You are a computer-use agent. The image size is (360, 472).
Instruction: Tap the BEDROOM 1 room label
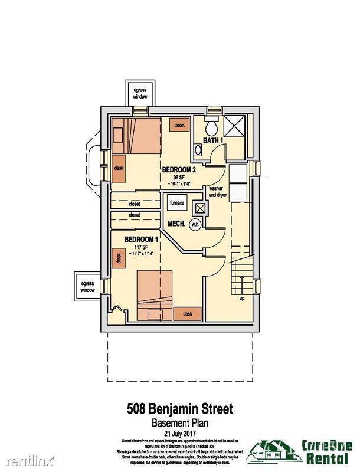[x=141, y=239]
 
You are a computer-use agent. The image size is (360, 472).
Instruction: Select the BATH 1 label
[x=213, y=140]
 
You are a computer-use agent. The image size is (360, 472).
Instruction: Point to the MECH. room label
[x=177, y=224]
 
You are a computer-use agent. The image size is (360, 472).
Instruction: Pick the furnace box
[x=177, y=204]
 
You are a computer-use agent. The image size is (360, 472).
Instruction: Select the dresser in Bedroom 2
[x=179, y=125]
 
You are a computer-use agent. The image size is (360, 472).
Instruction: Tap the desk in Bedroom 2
[x=118, y=168]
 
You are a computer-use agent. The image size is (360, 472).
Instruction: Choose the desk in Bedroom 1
[x=188, y=313]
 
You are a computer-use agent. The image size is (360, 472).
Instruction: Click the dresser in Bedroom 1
[x=119, y=258]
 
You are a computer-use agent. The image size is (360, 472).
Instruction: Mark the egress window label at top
[x=140, y=92]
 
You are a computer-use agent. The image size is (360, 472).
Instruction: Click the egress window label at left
[x=87, y=287]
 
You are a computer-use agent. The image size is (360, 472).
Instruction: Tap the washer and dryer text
[x=213, y=192]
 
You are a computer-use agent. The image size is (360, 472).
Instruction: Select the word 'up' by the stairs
[x=241, y=298]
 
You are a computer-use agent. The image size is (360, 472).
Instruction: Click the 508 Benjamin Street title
[x=179, y=407]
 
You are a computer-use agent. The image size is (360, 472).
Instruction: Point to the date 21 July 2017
[x=179, y=432]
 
